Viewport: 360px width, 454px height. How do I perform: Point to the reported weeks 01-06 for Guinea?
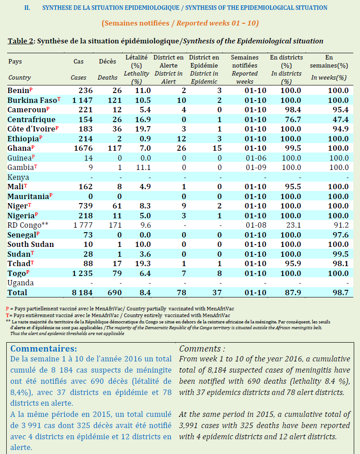pos(245,158)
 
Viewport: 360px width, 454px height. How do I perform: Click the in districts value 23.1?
pos(291,225)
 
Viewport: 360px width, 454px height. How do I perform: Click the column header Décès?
pos(107,61)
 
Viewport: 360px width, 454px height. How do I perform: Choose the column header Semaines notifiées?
pos(245,62)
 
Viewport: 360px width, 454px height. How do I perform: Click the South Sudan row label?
pos(31,244)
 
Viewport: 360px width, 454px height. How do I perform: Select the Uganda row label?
pos(21,283)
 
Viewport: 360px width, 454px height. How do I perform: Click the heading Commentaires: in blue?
pos(44,348)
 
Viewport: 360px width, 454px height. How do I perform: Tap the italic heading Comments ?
pos(202,348)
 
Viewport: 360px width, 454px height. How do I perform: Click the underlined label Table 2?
pos(21,41)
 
